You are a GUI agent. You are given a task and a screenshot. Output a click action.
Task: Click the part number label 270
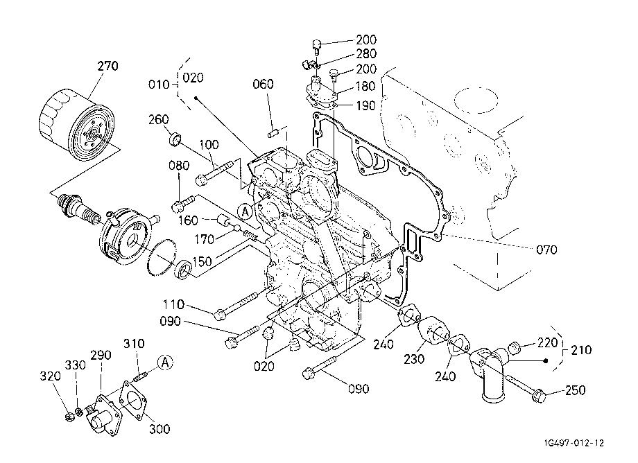pos(107,66)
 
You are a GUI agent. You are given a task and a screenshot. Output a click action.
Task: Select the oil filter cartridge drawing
pos(76,124)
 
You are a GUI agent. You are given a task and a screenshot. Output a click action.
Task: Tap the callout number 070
pos(546,250)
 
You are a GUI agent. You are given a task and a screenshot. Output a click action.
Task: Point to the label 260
pos(158,119)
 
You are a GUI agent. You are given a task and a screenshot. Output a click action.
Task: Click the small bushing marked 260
pos(175,138)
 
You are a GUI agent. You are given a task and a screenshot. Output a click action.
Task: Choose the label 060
pos(263,85)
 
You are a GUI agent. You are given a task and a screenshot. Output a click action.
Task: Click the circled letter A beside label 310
pos(165,362)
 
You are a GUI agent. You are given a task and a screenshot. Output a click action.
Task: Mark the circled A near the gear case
pos(245,211)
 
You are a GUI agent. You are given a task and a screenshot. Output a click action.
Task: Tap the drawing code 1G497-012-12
pos(574,443)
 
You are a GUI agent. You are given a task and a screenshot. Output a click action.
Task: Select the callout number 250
pos(576,390)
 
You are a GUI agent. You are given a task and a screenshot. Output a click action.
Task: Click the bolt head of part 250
pos(539,396)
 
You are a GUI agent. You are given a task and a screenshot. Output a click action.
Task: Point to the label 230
pos(414,359)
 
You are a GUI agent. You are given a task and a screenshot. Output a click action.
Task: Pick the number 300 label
pos(159,429)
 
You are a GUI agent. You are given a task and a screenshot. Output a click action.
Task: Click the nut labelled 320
pos(69,417)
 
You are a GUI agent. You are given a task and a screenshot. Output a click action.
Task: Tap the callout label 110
pos(174,304)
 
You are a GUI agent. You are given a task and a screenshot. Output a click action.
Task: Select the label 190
pos(365,105)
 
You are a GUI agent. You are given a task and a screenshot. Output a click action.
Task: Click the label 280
pos(365,53)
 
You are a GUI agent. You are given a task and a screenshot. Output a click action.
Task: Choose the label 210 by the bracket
pos(581,350)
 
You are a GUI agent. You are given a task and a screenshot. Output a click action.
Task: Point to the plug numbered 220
pos(515,349)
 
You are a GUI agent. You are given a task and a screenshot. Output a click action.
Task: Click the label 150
pos(202,261)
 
